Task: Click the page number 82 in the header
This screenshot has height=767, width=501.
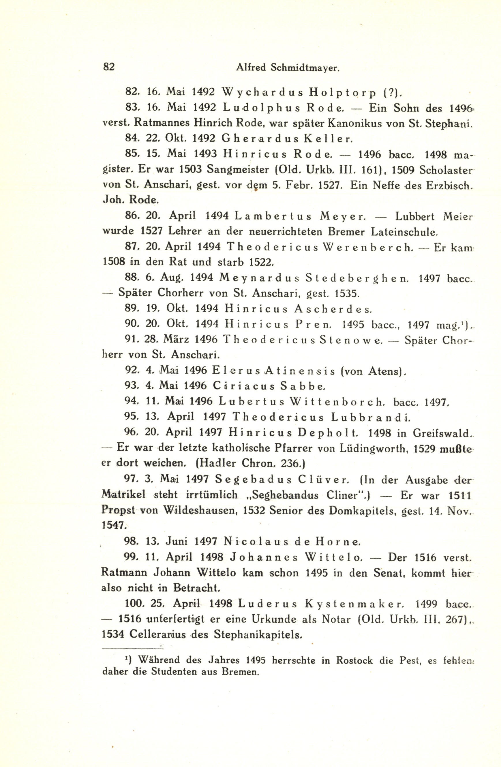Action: [109, 67]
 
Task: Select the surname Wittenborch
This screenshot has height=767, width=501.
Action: [337, 402]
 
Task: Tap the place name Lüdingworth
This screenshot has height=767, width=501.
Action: [373, 449]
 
